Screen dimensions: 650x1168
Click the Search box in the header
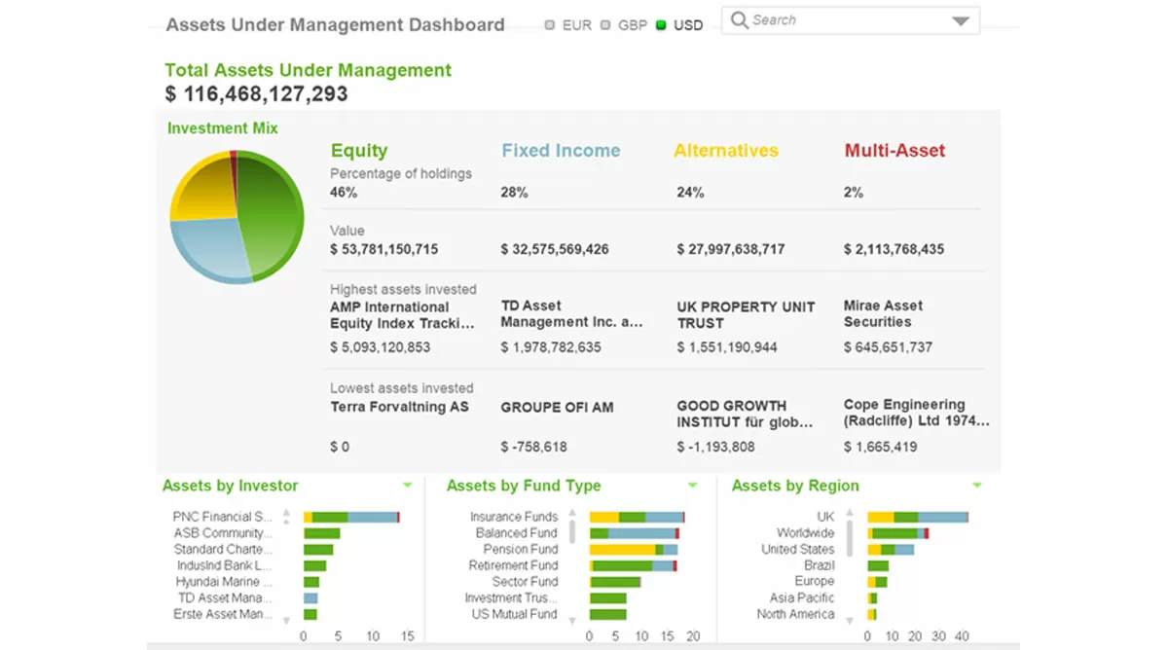[837, 20]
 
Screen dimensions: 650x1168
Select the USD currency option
[662, 25]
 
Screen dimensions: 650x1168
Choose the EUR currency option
[550, 25]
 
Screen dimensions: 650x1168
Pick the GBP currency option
[605, 25]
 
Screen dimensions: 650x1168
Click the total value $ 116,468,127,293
[256, 94]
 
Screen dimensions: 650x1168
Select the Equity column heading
[359, 151]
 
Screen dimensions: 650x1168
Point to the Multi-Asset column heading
[894, 151]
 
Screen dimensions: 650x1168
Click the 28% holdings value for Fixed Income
[514, 193]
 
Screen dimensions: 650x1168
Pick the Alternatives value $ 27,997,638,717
[731, 249]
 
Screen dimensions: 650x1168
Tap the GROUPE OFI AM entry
[557, 408]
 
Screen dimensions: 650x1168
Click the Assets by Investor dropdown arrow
[407, 486]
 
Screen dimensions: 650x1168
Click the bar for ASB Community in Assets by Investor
[321, 533]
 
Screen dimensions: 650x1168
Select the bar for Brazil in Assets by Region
[878, 565]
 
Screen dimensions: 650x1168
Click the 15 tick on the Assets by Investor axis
[407, 636]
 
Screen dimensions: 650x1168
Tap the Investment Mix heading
[223, 128]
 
